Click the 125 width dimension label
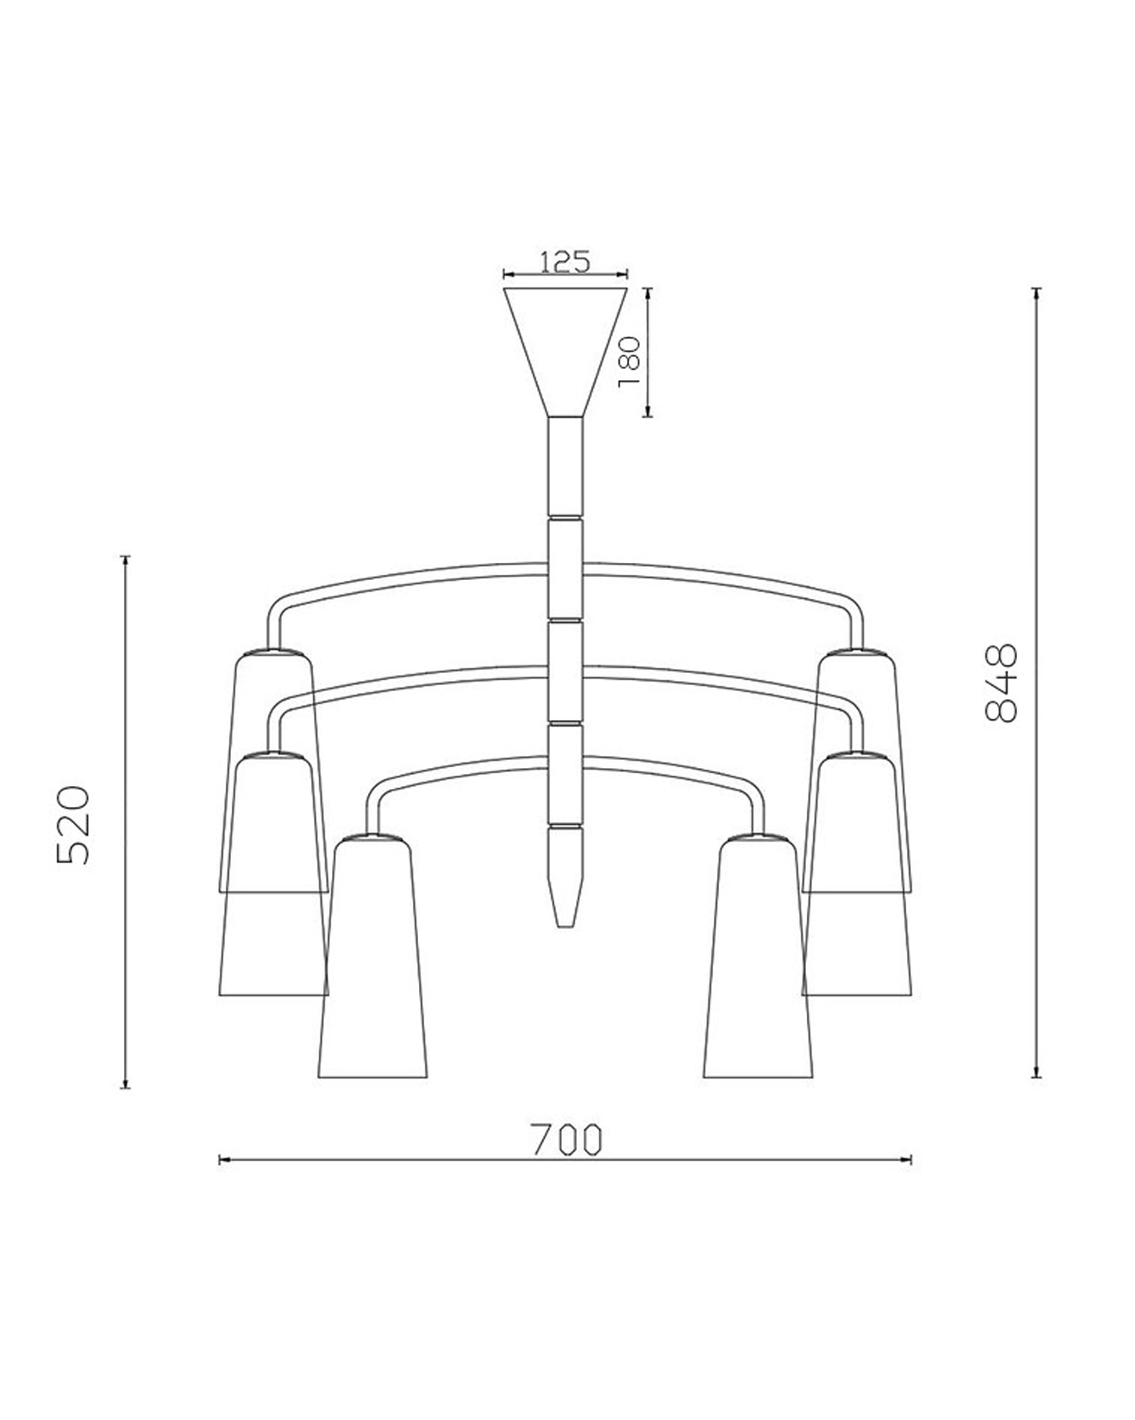565,261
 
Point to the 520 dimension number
73,823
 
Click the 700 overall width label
566,1140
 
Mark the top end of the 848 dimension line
1038,289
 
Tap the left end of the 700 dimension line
220,1158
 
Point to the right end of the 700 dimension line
911,1158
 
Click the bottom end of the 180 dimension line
648,416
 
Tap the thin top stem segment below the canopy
566,464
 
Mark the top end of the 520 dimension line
126,556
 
